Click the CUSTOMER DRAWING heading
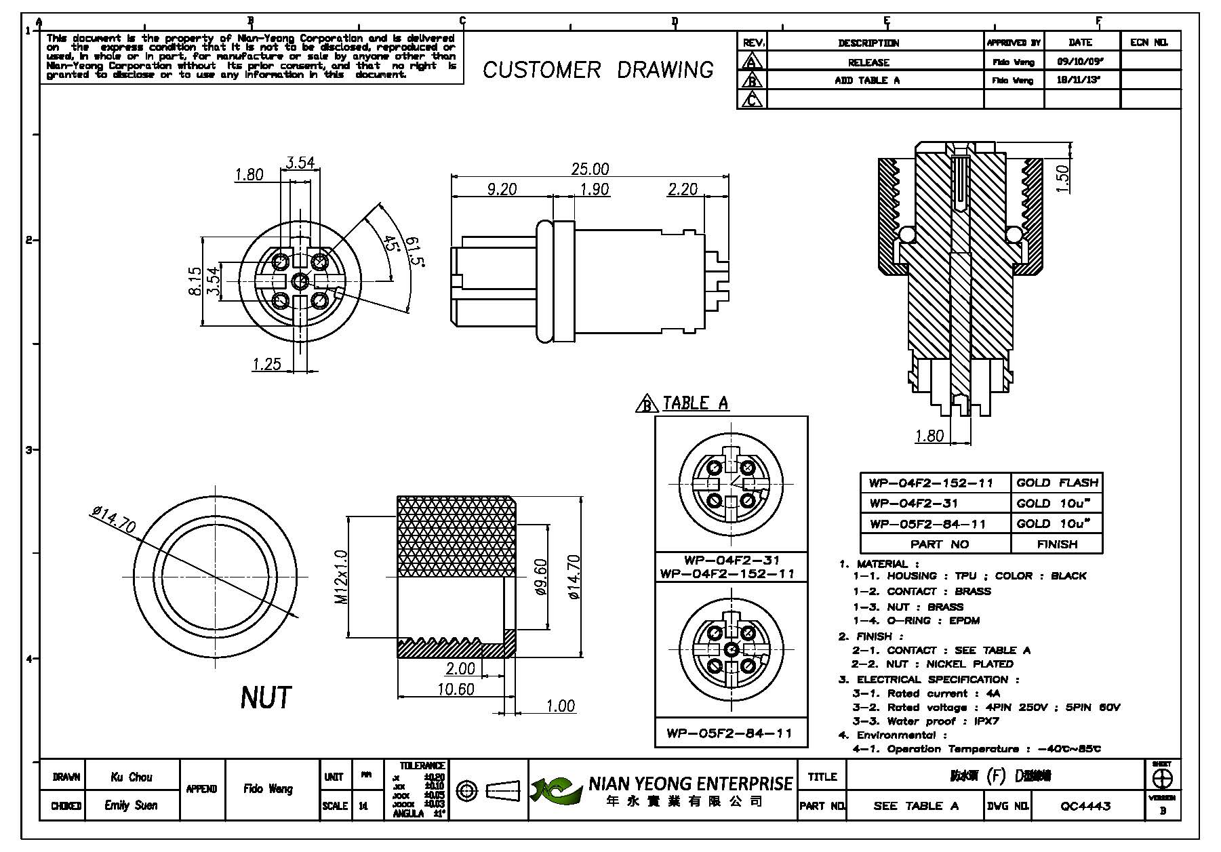[597, 70]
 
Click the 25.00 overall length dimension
[590, 168]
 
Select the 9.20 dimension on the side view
[502, 189]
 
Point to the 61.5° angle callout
[415, 251]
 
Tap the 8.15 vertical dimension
[195, 281]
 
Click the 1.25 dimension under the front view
[266, 364]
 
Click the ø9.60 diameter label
[540, 577]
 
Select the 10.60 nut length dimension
[456, 689]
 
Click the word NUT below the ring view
[266, 697]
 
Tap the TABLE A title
[695, 403]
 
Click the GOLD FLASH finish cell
[1056, 483]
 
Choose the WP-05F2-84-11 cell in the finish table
[927, 523]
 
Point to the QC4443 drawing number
[1085, 805]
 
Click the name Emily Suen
[131, 805]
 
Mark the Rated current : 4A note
[926, 693]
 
